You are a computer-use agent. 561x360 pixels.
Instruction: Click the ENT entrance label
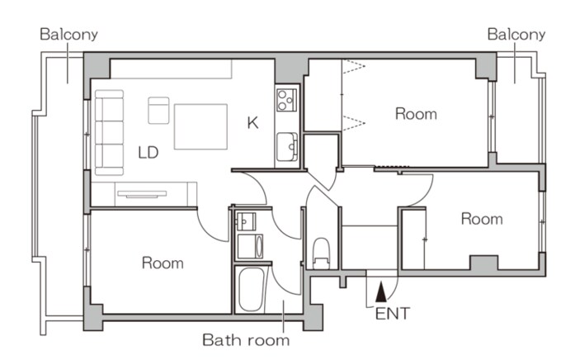(x=393, y=314)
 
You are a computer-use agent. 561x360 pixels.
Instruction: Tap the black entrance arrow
(x=381, y=291)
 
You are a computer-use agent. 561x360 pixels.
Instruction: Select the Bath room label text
(x=246, y=340)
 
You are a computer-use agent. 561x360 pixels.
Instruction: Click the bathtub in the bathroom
(x=251, y=290)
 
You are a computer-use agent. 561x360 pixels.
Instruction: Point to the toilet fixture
(x=321, y=253)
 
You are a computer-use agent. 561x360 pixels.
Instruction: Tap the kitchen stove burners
(x=286, y=100)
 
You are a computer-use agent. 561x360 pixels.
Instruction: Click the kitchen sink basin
(x=287, y=147)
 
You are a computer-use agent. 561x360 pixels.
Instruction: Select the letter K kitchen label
(x=252, y=123)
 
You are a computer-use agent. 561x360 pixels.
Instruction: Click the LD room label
(x=148, y=153)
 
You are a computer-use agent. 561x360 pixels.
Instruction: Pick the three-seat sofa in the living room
(x=110, y=133)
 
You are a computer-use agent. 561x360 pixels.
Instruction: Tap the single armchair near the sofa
(x=158, y=111)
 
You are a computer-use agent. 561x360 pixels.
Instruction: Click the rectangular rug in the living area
(x=200, y=126)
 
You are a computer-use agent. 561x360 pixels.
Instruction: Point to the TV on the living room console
(x=142, y=194)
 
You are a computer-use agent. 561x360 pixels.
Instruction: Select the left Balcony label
(x=68, y=35)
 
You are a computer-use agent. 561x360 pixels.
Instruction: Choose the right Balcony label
(x=516, y=35)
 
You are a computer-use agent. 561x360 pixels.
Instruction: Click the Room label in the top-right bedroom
(x=416, y=114)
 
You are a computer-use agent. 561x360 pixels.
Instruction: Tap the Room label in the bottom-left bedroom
(x=163, y=263)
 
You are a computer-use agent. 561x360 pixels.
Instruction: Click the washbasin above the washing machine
(x=246, y=221)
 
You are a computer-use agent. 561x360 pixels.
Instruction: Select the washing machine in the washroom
(x=250, y=246)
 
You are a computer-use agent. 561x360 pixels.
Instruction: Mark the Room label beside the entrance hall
(x=482, y=219)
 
